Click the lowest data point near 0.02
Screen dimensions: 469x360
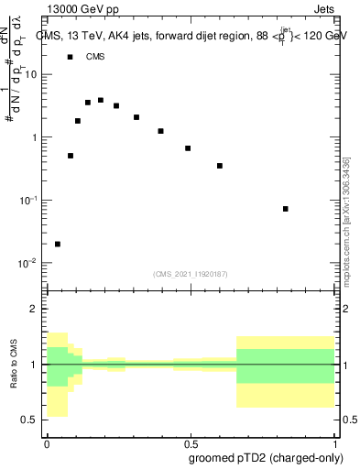[x=58, y=244]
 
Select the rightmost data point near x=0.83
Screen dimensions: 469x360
[x=286, y=209]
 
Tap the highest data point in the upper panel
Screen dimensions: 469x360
[x=101, y=100]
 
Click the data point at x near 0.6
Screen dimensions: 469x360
[x=220, y=166]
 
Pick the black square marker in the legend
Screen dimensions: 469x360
[x=71, y=57]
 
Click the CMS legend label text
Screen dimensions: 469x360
[x=95, y=57]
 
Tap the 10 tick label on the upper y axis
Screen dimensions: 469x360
[x=31, y=75]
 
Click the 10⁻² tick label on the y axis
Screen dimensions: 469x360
[x=27, y=263]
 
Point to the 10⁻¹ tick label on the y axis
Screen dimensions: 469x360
[x=27, y=201]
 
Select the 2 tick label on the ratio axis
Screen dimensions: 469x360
[x=34, y=310]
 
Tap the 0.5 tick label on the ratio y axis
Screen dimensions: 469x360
[x=29, y=420]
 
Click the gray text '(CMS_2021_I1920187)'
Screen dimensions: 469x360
[x=191, y=273]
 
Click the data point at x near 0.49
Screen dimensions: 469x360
[x=188, y=148]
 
